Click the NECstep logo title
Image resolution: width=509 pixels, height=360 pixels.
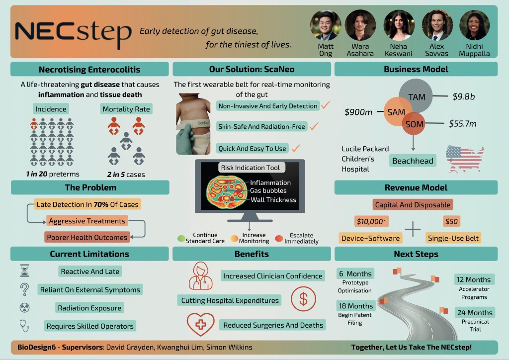tap(73, 31)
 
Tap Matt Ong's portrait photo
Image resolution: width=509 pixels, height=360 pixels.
tap(326, 25)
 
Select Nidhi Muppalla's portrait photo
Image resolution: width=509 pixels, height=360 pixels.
tap(474, 25)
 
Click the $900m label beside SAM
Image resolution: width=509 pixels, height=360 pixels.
tap(358, 112)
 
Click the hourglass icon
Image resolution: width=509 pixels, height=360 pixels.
tap(24, 270)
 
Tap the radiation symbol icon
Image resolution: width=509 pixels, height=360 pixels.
tap(24, 307)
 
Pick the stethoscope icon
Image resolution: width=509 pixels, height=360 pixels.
tap(24, 325)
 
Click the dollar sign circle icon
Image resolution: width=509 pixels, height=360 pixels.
tap(303, 298)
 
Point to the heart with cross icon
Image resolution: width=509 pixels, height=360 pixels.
tap(200, 324)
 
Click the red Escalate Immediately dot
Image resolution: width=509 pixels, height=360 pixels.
tap(279, 238)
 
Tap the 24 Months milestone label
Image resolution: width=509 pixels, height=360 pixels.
tap(474, 313)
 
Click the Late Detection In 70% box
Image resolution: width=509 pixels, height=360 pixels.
tap(87, 204)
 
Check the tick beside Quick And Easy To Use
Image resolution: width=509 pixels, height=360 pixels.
tap(296, 148)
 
